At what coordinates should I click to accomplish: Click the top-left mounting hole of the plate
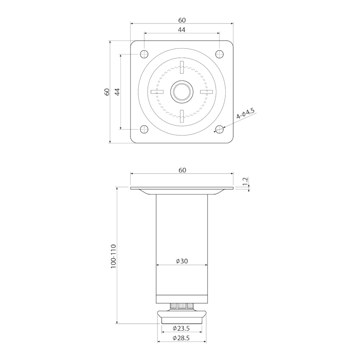coord(144,54)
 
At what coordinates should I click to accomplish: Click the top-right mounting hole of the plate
coord(220,54)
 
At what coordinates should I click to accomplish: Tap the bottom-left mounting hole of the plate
coord(144,129)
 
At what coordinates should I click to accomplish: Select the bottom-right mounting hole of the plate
coord(220,129)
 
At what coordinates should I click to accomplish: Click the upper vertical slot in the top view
coord(182,67)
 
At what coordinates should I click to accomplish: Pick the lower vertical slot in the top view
coord(182,117)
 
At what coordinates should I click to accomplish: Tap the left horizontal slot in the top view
coord(157,92)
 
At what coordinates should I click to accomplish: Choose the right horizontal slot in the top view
coord(207,92)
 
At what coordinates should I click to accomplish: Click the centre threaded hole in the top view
coord(182,92)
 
